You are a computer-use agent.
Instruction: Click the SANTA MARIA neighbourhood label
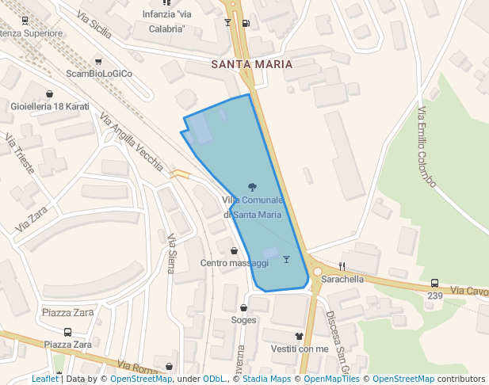252,64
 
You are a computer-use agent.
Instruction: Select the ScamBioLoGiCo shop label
99,74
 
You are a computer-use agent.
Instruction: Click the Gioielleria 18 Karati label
49,106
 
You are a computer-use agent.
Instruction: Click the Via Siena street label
171,253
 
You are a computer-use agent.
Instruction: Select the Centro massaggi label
234,262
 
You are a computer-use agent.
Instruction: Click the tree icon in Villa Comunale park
252,188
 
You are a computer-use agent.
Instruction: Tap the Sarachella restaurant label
342,279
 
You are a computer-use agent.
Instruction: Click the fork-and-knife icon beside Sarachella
342,266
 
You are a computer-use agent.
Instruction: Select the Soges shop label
243,320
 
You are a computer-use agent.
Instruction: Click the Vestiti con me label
299,349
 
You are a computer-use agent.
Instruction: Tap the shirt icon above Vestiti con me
299,337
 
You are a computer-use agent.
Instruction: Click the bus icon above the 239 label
434,283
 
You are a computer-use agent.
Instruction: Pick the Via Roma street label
136,368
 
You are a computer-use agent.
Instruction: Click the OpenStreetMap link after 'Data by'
141,379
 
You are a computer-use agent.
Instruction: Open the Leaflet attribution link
45,379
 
